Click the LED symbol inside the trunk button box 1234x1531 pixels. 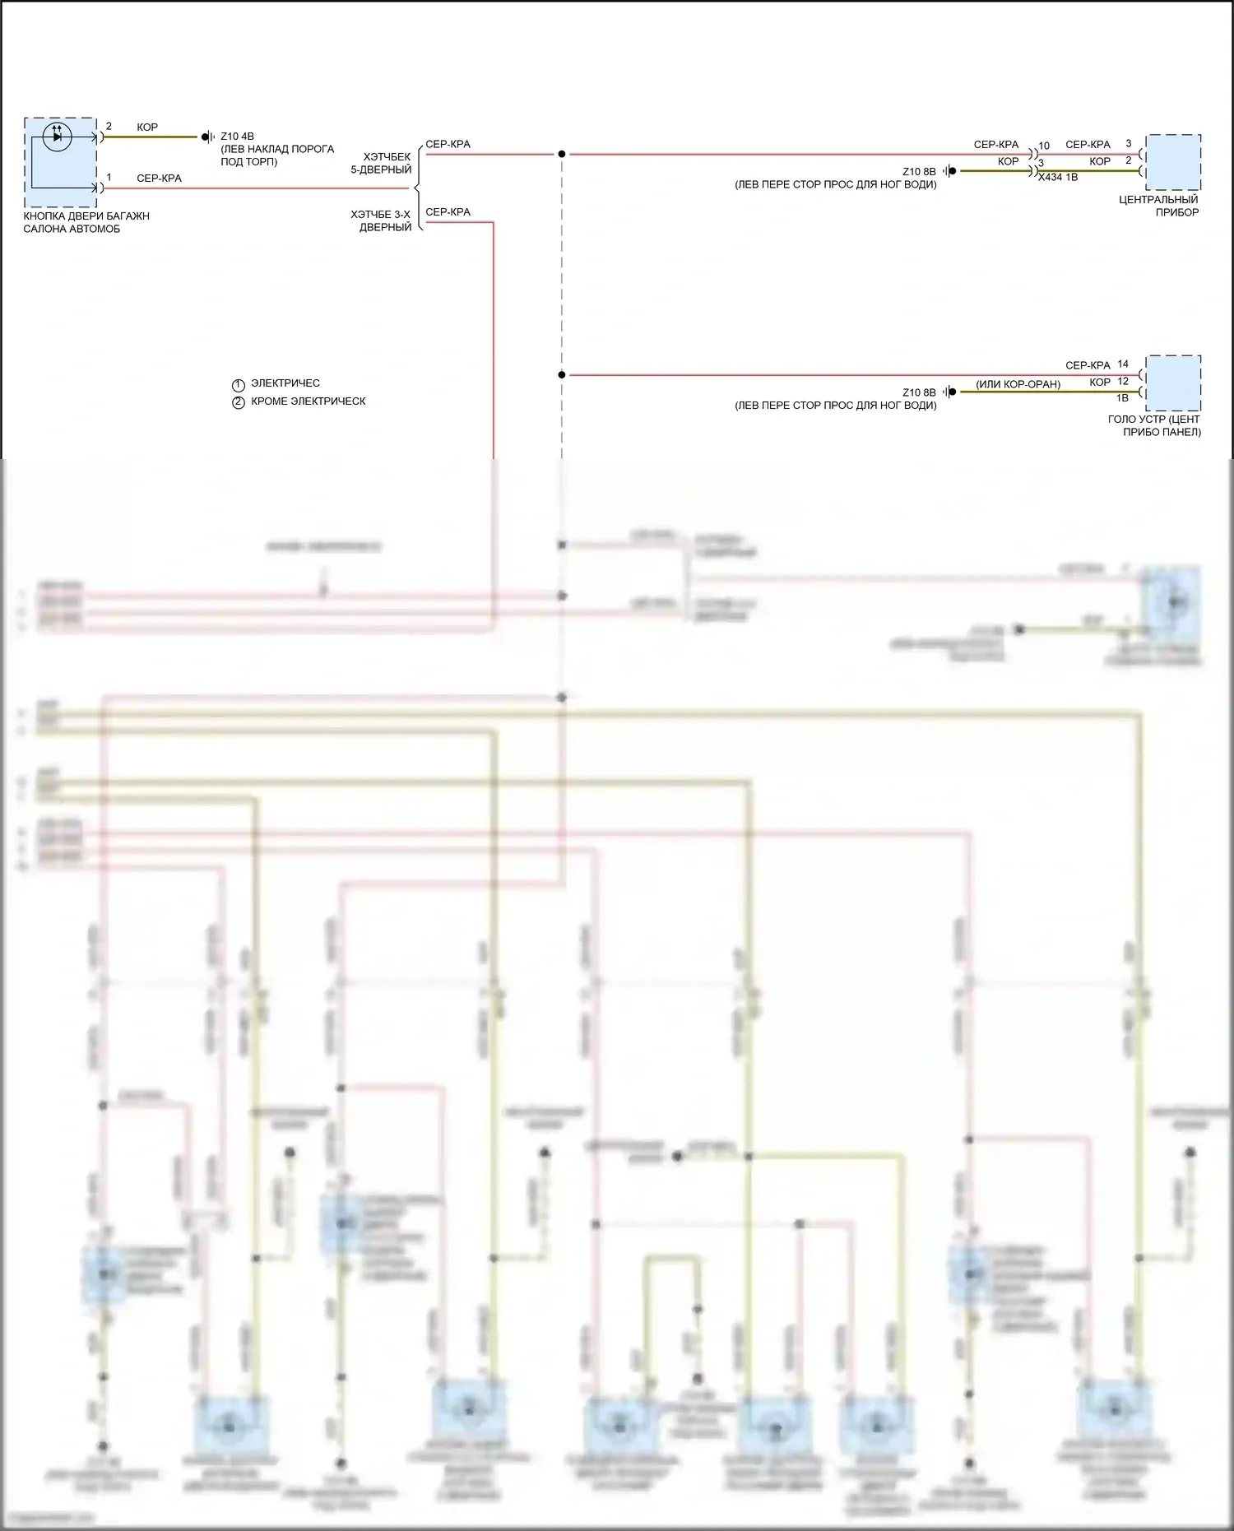pos(57,136)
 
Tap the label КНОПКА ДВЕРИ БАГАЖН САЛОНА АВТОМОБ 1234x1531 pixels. pos(86,222)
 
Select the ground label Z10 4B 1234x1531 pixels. pos(237,137)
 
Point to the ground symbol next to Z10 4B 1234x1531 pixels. pos(208,137)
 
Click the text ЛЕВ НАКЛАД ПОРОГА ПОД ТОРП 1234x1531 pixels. pos(277,155)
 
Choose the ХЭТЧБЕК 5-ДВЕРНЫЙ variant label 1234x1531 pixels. pos(382,163)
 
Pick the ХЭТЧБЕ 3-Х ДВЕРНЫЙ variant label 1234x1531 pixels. pos(382,220)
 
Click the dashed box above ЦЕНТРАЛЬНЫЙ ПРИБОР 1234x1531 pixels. pos(1173,161)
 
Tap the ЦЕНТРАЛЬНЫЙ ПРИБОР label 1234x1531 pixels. pos(1159,206)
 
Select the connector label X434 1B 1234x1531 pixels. pos(1058,177)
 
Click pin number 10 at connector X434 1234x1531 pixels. pos(1044,146)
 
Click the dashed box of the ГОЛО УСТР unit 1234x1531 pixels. pos(1173,383)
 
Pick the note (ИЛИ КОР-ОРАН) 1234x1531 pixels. pos(1018,384)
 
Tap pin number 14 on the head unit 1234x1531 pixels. pos(1123,364)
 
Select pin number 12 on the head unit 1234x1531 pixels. pos(1123,381)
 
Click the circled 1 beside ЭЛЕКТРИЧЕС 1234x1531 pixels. pos(239,385)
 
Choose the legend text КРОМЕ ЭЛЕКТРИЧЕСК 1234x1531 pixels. pos(308,401)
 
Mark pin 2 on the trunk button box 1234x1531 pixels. pos(109,126)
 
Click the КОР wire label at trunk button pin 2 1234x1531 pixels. pos(147,127)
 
